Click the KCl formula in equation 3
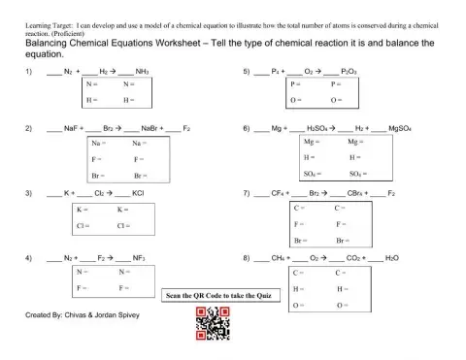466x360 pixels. (x=137, y=194)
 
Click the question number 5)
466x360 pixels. (x=248, y=72)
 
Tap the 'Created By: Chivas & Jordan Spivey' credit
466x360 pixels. (x=79, y=316)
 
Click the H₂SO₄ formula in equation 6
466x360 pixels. (x=317, y=128)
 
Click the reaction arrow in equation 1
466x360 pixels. (x=113, y=72)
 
